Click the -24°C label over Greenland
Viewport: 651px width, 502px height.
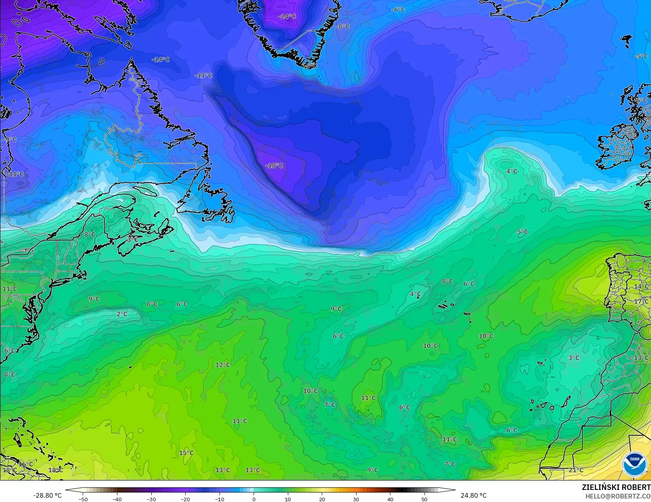[x=287, y=16]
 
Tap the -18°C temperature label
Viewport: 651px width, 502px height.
[x=274, y=166]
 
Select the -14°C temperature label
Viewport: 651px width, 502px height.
[x=160, y=60]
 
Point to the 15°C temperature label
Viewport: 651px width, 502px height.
[x=186, y=453]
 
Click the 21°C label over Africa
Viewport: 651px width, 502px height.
[x=576, y=470]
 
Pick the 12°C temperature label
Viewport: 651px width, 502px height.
[x=223, y=365]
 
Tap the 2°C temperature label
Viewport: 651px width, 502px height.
[x=122, y=314]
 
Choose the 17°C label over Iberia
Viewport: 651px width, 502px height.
[x=641, y=302]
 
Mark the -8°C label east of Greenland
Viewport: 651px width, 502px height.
[x=343, y=27]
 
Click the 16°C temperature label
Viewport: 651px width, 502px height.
[x=26, y=464]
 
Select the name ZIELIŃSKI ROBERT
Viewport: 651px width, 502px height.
[x=616, y=488]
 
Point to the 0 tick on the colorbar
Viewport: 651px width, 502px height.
[x=254, y=499]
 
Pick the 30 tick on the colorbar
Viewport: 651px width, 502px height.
[x=356, y=499]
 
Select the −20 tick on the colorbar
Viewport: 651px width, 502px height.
[x=185, y=499]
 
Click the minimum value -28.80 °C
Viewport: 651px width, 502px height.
[x=47, y=495]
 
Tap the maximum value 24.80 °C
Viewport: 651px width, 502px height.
[x=474, y=495]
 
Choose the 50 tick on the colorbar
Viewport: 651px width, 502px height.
[x=424, y=499]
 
